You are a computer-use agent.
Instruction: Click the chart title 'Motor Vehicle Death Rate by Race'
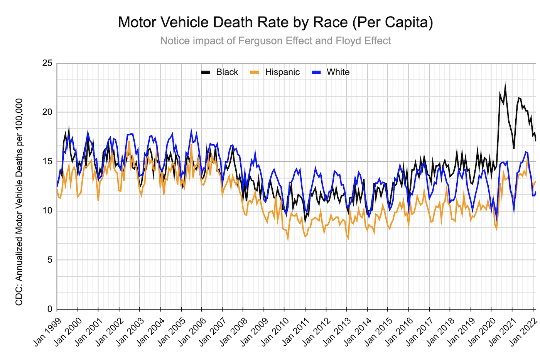coord(275,22)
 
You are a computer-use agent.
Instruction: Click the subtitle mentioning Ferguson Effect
coord(275,41)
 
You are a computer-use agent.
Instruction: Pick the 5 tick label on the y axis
coord(49,260)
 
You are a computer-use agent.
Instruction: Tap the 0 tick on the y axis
coord(49,309)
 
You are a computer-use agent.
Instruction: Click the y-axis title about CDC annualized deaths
coord(19,202)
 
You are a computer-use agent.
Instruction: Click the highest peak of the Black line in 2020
coord(505,84)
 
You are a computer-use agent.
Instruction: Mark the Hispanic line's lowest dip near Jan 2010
coord(288,240)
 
